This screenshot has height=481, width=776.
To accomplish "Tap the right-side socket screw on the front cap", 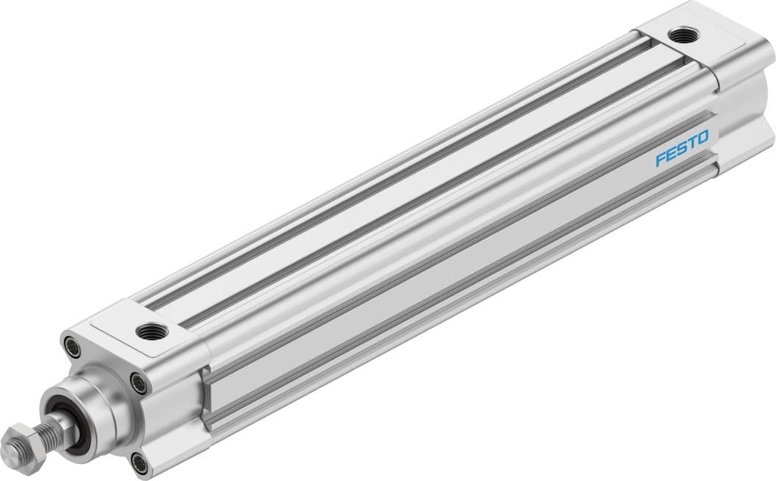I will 137,382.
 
